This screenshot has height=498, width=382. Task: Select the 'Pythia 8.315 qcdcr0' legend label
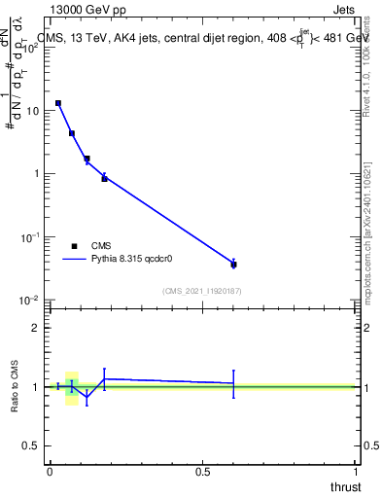tap(132, 261)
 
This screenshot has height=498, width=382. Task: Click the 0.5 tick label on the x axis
tap(203, 471)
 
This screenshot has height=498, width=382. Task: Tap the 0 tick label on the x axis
tap(50, 471)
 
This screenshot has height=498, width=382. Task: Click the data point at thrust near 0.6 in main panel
tap(233, 264)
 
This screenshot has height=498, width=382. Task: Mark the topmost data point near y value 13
tap(58, 103)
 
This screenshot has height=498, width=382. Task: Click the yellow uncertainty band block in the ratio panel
tap(71, 387)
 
